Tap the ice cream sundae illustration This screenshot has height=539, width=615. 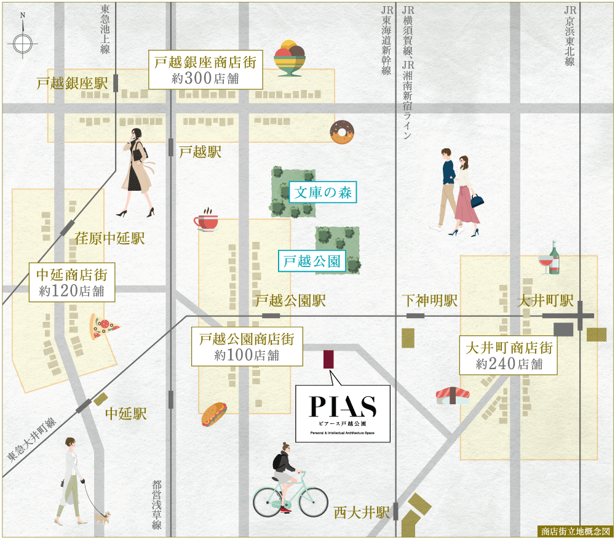(x=290, y=58)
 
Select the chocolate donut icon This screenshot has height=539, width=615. (x=341, y=132)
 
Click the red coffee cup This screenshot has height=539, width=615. (x=207, y=220)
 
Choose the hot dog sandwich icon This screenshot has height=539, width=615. (x=214, y=414)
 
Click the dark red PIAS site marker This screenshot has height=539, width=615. (x=328, y=359)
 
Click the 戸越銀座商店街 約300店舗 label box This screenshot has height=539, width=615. (x=205, y=70)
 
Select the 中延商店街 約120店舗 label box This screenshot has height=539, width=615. (x=72, y=282)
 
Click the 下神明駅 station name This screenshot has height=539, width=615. (x=430, y=301)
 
